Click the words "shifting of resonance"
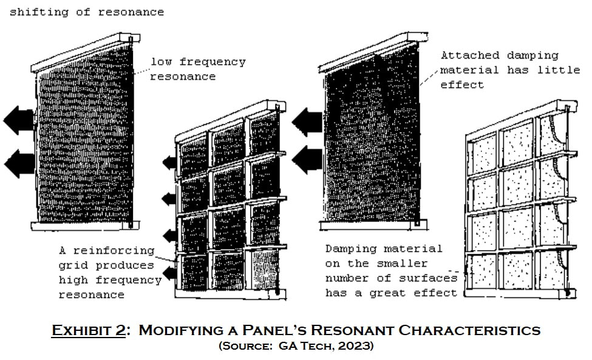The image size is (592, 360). (x=87, y=12)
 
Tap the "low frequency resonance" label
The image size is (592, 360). (x=198, y=69)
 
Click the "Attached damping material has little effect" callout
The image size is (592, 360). (x=510, y=70)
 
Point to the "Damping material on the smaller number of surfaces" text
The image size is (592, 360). (x=392, y=263)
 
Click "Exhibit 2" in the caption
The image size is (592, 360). (x=89, y=330)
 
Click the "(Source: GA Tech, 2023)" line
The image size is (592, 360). (x=296, y=345)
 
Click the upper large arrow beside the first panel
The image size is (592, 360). (x=19, y=120)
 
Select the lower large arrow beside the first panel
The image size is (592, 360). (x=19, y=163)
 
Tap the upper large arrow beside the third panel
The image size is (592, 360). (x=307, y=121)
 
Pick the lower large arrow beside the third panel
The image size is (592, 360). (x=307, y=160)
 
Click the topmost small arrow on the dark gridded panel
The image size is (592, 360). (x=169, y=163)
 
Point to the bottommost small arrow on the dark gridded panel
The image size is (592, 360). (x=169, y=273)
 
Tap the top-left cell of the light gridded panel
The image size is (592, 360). (x=482, y=153)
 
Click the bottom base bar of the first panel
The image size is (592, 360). (x=86, y=226)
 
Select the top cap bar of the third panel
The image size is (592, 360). (x=373, y=53)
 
